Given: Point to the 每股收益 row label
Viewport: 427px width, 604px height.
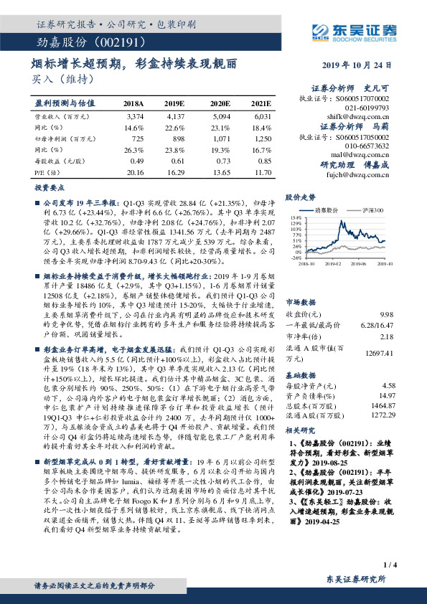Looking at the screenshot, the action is pyautogui.click(x=57, y=161).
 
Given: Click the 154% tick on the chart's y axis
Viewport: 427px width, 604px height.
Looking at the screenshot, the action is pyautogui.click(x=296, y=217).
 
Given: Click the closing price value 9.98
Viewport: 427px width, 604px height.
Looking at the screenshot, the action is pyautogui.click(x=386, y=294).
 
